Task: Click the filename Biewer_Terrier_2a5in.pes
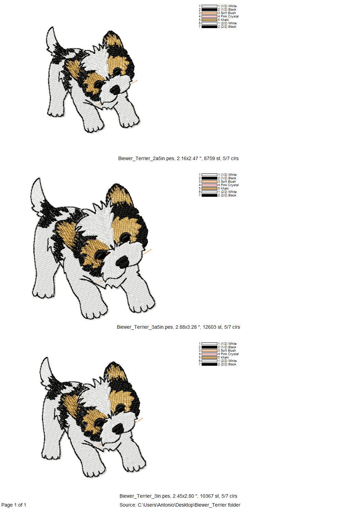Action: (146, 158)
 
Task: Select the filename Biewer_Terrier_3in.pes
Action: (145, 496)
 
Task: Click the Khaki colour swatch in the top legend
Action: (209, 20)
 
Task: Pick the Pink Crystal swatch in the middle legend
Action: (209, 185)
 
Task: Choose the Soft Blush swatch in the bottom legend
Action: (209, 351)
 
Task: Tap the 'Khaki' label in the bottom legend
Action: (225, 357)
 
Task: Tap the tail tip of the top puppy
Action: (53, 28)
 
